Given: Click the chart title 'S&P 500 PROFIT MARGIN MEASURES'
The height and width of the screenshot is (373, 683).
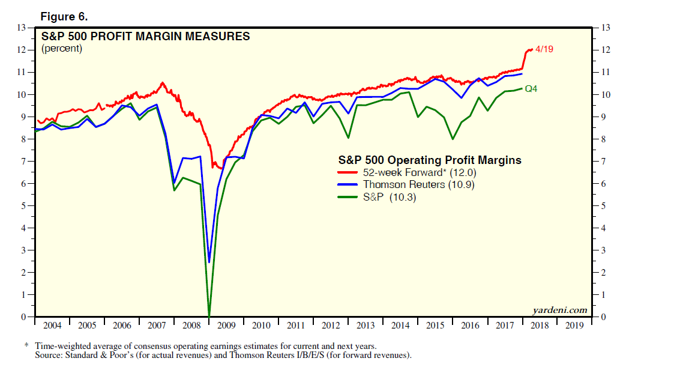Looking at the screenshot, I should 145,37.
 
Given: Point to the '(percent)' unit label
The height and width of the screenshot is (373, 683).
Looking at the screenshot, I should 61,49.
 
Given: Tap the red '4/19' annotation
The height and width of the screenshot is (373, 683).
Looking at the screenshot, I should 544,49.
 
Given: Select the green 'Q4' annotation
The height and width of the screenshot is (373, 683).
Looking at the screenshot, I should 531,89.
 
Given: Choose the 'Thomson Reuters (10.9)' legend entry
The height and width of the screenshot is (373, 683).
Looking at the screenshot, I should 418,184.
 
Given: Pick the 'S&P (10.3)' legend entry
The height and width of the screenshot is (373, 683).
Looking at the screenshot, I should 388,196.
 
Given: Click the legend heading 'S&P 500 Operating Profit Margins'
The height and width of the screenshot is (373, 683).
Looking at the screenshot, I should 429,160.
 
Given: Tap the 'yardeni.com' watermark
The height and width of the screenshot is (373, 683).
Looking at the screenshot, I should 559,310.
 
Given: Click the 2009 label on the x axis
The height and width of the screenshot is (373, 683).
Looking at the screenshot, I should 226,326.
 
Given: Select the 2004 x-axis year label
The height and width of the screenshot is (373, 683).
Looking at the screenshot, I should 52,326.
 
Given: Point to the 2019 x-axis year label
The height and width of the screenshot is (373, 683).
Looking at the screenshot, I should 574,326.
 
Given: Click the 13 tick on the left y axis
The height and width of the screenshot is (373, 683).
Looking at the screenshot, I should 22,28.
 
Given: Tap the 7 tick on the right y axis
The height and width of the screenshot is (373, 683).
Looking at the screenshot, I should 603,162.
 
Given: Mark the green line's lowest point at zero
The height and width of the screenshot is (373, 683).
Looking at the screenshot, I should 209,315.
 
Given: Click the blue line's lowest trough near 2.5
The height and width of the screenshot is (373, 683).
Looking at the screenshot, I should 209,262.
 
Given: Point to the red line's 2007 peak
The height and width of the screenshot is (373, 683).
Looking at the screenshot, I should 162,83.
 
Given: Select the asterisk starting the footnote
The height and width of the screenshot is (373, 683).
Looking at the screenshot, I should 26,346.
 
